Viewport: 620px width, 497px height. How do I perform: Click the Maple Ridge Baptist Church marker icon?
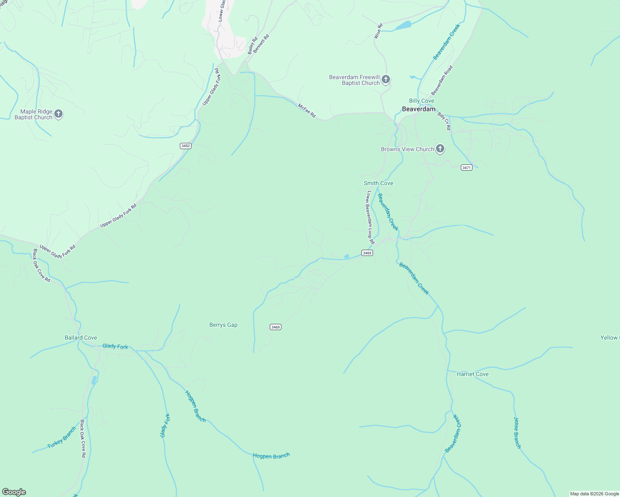point(58,114)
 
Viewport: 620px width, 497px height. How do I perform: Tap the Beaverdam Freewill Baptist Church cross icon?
point(386,80)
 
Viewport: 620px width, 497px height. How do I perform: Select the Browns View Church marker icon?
point(440,149)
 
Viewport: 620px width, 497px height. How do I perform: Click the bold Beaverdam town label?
point(419,109)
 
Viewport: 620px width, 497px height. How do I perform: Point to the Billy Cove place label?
point(421,101)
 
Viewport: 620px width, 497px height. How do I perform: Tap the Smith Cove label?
point(378,183)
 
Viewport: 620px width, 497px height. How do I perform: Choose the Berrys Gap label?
point(223,325)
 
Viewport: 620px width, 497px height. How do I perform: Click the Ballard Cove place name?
point(81,338)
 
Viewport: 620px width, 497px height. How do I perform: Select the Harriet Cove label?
point(472,374)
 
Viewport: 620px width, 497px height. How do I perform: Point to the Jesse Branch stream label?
point(517,432)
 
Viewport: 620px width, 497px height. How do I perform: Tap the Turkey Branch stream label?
point(62,437)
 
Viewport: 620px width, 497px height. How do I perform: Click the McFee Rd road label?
point(307,111)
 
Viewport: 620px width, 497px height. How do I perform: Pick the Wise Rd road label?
point(378,31)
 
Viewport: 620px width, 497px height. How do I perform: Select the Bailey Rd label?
point(252,46)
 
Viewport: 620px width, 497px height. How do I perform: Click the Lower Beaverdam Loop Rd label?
point(370,217)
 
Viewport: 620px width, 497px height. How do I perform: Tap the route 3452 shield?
point(186,146)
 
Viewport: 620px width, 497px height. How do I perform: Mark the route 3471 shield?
point(466,167)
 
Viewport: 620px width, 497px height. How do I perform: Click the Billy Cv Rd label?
point(444,121)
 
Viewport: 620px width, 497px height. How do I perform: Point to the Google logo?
point(14,492)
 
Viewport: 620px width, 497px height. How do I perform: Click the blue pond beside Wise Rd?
point(403,26)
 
